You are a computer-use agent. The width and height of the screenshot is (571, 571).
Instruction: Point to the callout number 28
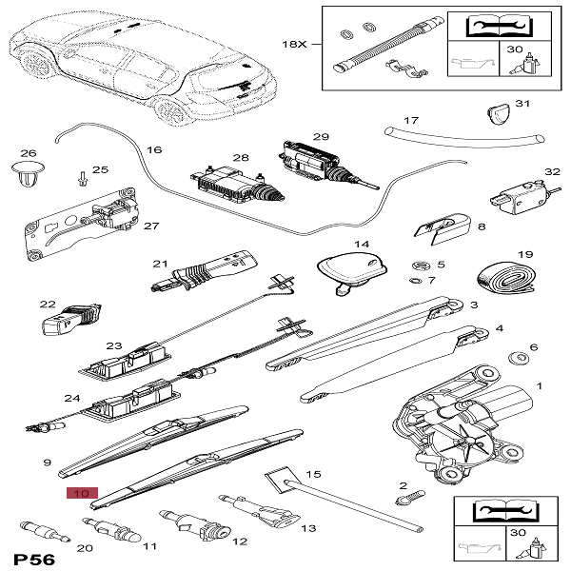pos(241,157)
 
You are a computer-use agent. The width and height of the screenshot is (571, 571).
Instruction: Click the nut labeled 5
pos(418,265)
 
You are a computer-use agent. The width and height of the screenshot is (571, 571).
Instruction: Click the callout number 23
pos(115,346)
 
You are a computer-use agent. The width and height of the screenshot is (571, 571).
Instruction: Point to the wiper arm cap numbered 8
pos(443,226)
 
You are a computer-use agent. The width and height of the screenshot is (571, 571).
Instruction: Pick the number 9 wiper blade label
pos(46,463)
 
